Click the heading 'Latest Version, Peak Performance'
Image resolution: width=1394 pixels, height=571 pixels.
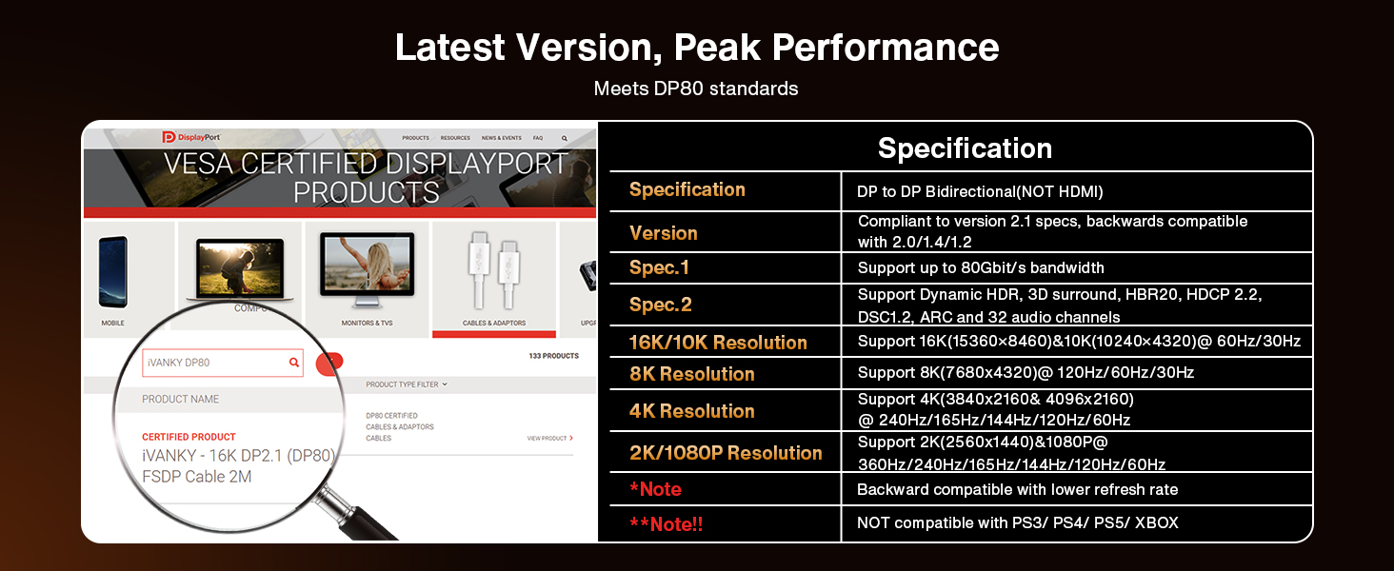click(696, 48)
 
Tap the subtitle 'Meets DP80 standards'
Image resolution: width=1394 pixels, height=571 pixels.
click(696, 89)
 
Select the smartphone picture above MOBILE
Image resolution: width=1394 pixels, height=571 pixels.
click(112, 271)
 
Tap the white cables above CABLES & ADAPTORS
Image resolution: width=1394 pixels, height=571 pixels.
click(493, 271)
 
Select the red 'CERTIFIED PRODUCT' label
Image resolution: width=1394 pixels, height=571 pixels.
click(189, 437)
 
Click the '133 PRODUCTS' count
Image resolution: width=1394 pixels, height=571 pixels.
click(552, 356)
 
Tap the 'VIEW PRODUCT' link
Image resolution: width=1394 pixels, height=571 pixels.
click(549, 439)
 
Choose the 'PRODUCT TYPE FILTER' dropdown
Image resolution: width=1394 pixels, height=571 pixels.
click(406, 384)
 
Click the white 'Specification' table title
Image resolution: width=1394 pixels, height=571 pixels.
click(964, 148)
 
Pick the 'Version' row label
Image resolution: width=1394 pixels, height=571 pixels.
click(663, 233)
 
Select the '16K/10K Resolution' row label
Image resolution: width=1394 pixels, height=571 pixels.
click(718, 343)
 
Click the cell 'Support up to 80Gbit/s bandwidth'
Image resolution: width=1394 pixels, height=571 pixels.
click(980, 268)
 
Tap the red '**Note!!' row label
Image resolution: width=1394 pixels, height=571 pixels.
click(666, 523)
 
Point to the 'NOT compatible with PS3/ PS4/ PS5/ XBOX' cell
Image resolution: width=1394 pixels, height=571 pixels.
click(1017, 522)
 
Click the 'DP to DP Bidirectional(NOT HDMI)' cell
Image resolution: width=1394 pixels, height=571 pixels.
click(979, 192)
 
